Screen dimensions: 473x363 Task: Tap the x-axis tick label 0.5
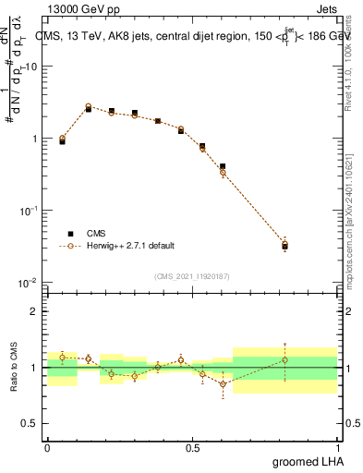192,448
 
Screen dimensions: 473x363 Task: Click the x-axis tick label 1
337,448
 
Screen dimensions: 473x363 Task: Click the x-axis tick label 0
47,448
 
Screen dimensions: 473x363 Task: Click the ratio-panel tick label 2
36,311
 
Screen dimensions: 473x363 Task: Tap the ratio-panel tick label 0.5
30,423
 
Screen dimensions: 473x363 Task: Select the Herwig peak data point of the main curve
89,106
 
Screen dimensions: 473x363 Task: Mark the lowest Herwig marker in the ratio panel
223,383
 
